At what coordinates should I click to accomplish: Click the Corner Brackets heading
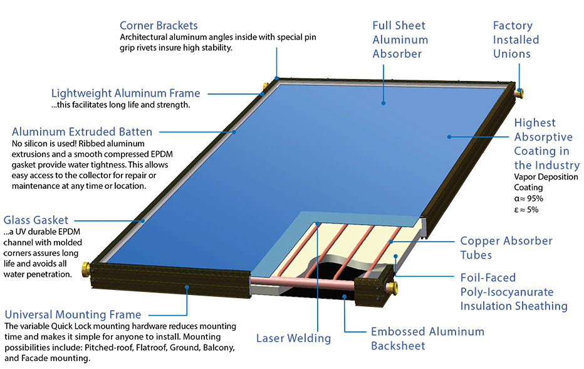click(x=159, y=26)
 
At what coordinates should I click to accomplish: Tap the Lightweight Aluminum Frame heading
click(x=125, y=94)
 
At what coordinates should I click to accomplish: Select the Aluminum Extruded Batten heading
click(x=82, y=132)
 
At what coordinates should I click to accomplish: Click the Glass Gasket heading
click(x=36, y=220)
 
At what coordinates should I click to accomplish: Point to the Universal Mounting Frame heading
click(x=73, y=314)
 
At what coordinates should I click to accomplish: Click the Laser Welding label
click(x=293, y=338)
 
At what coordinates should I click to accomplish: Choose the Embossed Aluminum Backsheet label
click(x=427, y=338)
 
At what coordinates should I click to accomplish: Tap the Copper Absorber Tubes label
click(x=506, y=248)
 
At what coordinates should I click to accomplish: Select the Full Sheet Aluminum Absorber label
click(x=400, y=40)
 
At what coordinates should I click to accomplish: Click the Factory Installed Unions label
click(x=516, y=40)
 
